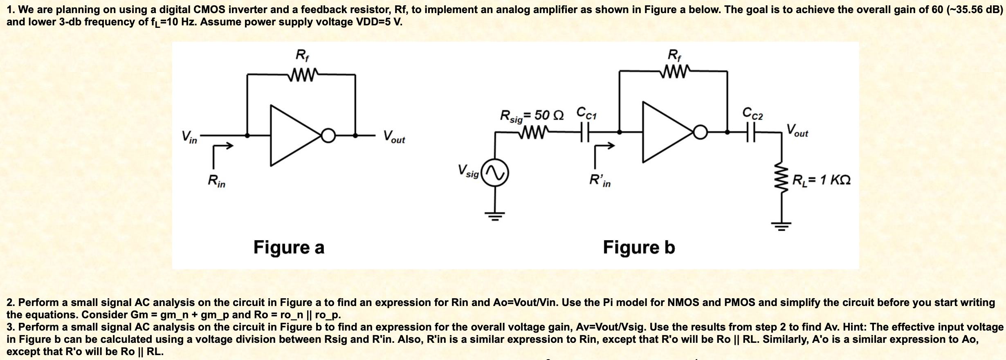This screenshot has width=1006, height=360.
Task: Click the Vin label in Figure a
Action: click(189, 137)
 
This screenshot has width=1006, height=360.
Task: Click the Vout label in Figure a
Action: click(394, 137)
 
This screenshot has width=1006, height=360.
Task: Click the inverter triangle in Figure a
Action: click(294, 135)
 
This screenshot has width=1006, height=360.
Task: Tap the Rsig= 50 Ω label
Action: click(532, 116)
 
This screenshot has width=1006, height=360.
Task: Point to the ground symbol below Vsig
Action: click(495, 215)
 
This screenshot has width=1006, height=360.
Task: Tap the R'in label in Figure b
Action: click(600, 180)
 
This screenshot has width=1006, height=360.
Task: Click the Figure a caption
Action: click(289, 248)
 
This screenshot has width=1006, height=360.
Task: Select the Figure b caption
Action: click(639, 248)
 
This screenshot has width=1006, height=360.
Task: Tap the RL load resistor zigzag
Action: click(781, 180)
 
